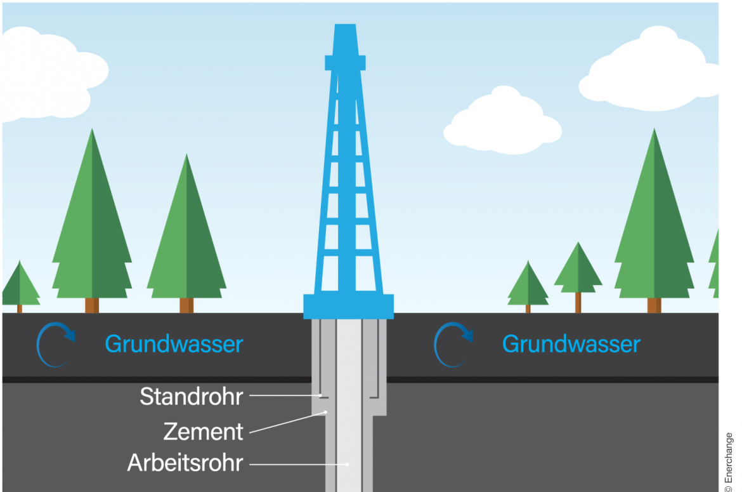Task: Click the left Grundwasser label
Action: [174, 344]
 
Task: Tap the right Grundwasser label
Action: [571, 344]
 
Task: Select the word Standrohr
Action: [191, 397]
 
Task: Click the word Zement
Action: [203, 432]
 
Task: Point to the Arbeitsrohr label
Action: [185, 463]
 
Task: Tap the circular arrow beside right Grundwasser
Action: [453, 345]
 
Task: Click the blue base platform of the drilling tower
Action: [348, 306]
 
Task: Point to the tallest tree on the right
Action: [654, 222]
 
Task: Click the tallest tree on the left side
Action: [92, 222]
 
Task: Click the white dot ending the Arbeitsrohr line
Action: [347, 464]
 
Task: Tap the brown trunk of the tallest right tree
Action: [654, 305]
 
